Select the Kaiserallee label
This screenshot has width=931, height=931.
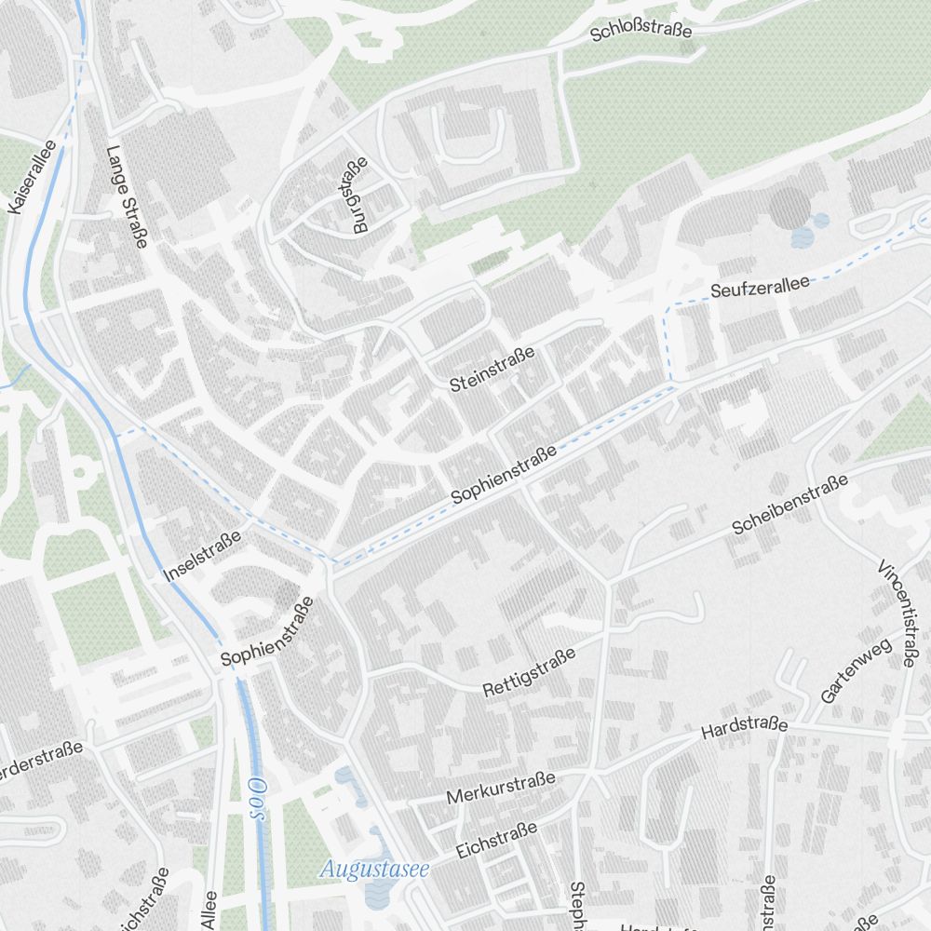(x=32, y=177)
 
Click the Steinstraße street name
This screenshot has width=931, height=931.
(x=492, y=369)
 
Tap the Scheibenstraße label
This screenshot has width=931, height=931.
(x=789, y=505)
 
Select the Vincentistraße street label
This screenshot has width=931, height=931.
(x=897, y=614)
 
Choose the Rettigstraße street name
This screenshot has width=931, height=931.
(x=529, y=673)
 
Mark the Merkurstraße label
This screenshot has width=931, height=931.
(x=501, y=788)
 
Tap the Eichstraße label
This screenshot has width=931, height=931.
(x=497, y=840)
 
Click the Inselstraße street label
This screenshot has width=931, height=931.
(x=202, y=556)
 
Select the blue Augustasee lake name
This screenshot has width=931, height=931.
(x=373, y=870)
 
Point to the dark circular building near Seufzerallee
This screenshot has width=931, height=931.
(x=790, y=207)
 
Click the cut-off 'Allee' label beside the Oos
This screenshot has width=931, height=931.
(x=209, y=910)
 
